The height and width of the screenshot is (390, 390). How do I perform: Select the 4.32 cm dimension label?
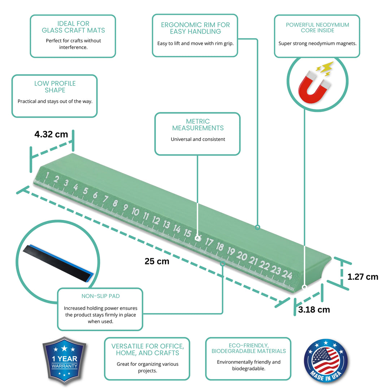click(x=51, y=134)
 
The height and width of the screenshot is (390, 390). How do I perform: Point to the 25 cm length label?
click(x=157, y=261)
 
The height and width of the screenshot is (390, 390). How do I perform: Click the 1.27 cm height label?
click(x=363, y=277)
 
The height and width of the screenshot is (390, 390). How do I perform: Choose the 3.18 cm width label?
click(x=314, y=310)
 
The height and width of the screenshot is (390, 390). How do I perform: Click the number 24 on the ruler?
click(x=287, y=274)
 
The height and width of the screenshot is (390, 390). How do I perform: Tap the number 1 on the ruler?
click(x=47, y=175)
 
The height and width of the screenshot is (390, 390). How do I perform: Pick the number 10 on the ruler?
click(x=135, y=212)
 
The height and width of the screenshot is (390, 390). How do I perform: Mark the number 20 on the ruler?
click(x=242, y=256)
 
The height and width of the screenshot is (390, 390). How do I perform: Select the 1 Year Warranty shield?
click(x=64, y=360)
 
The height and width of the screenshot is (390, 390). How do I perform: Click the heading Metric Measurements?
click(x=198, y=125)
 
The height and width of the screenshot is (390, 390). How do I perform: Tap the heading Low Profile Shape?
click(x=55, y=87)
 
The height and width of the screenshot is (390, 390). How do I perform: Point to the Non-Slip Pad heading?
click(x=100, y=296)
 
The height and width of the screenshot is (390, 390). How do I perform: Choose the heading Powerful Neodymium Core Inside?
click(x=317, y=27)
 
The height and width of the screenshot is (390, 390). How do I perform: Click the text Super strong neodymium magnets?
click(x=317, y=44)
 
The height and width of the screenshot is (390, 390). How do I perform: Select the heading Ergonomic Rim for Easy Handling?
click(x=195, y=28)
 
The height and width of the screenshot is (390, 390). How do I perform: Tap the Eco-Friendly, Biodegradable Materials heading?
click(x=248, y=348)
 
